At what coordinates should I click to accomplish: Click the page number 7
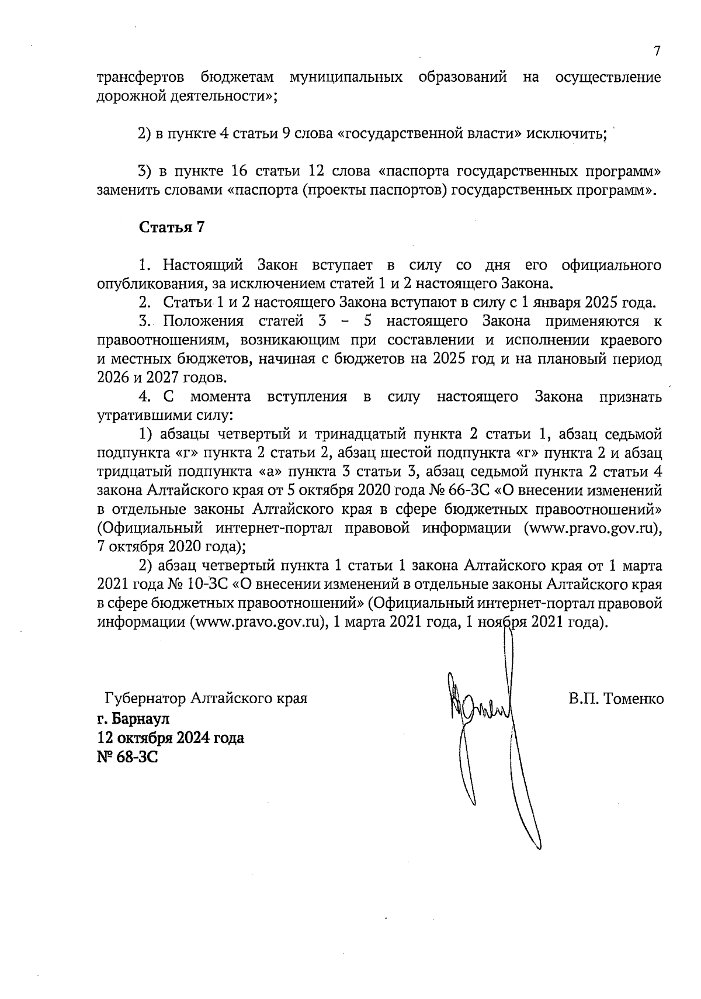click(x=657, y=51)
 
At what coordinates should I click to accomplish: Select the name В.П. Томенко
click(x=616, y=699)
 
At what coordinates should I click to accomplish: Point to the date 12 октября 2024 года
click(x=171, y=738)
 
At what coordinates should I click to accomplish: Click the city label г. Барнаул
click(x=134, y=718)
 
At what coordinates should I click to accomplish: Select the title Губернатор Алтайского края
click(x=206, y=699)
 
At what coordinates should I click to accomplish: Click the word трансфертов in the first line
click(x=141, y=78)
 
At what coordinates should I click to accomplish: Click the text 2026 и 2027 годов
click(x=162, y=378)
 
